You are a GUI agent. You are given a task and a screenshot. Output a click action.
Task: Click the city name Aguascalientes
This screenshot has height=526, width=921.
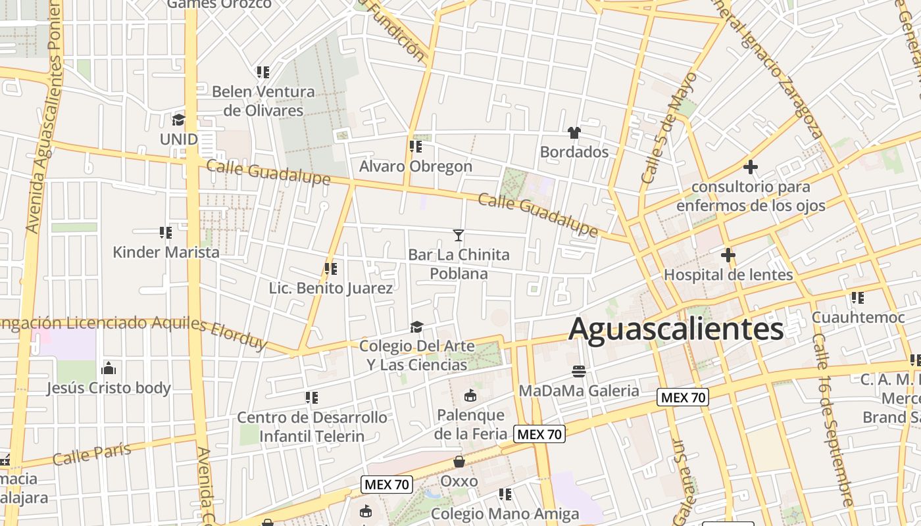(676, 329)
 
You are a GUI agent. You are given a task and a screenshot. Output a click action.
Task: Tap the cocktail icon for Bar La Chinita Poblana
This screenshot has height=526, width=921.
(459, 235)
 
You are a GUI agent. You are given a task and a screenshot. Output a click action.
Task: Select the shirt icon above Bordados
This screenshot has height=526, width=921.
(574, 133)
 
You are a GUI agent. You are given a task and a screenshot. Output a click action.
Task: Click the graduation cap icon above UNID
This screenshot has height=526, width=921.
(178, 120)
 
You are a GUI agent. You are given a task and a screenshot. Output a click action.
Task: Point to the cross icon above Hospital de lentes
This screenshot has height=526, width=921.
(728, 255)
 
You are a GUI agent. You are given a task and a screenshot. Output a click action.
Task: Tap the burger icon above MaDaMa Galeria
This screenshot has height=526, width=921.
(579, 371)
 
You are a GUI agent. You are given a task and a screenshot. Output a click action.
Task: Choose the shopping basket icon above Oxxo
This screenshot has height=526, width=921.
(459, 462)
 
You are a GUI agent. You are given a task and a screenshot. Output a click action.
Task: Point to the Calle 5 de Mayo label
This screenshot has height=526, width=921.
(668, 128)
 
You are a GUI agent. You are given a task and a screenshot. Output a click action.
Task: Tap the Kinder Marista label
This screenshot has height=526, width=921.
(166, 252)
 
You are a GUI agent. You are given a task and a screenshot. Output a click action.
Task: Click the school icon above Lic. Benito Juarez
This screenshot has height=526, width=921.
(331, 268)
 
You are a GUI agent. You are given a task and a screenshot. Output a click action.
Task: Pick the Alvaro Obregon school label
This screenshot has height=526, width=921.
(416, 166)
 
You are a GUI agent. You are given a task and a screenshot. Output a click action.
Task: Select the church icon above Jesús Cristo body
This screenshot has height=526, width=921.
(109, 368)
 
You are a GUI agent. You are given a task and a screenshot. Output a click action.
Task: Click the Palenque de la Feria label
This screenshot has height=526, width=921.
(471, 424)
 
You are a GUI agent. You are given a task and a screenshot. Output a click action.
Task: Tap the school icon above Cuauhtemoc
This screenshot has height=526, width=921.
(858, 298)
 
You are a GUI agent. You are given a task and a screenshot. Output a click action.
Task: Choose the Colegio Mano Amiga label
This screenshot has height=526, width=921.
(505, 514)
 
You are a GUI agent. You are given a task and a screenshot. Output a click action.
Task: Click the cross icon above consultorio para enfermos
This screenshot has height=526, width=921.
(750, 167)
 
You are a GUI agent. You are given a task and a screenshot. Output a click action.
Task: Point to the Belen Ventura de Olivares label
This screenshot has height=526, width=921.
(263, 101)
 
